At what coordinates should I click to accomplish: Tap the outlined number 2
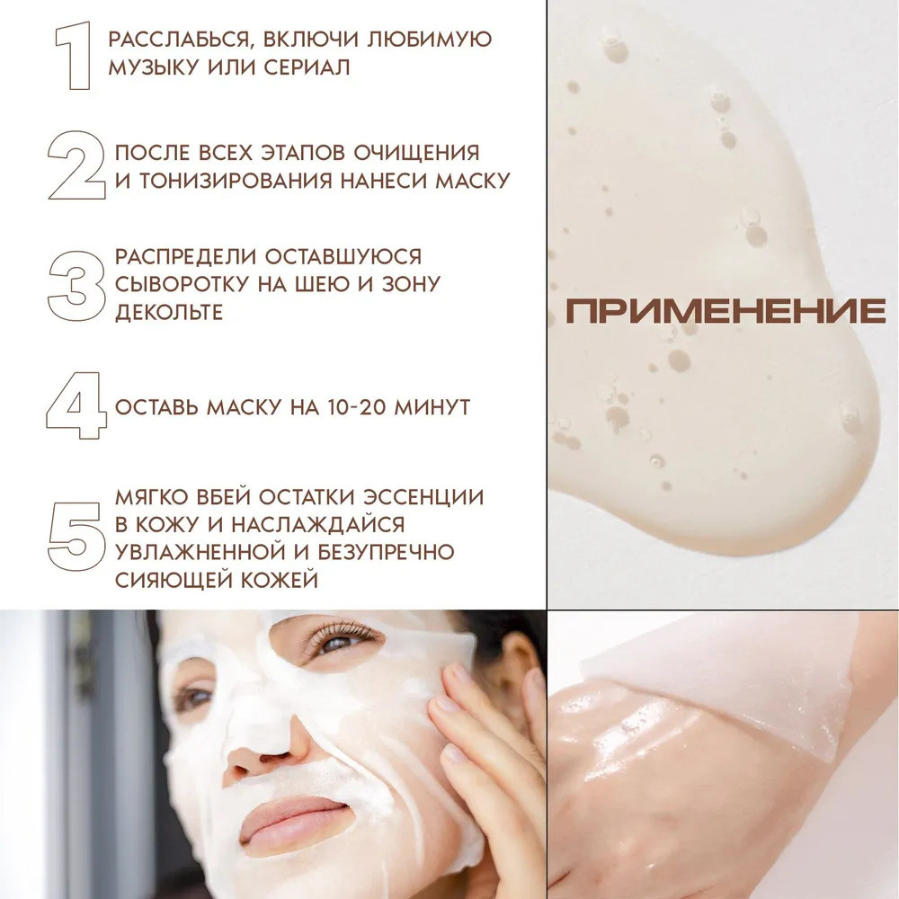click(76, 165)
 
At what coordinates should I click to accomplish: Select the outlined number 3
click(76, 286)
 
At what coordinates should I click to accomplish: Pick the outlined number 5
click(76, 537)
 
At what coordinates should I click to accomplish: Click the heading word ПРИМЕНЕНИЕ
click(725, 310)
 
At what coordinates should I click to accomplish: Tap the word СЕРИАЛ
click(307, 67)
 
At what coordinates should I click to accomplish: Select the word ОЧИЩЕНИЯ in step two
click(416, 153)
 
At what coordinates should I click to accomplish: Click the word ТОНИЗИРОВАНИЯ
click(235, 181)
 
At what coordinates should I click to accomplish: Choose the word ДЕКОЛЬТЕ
click(169, 312)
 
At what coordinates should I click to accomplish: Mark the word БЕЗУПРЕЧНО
click(386, 552)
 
